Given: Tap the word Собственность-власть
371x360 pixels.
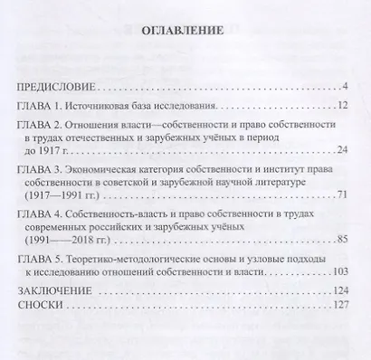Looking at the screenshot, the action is [x=131, y=213].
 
